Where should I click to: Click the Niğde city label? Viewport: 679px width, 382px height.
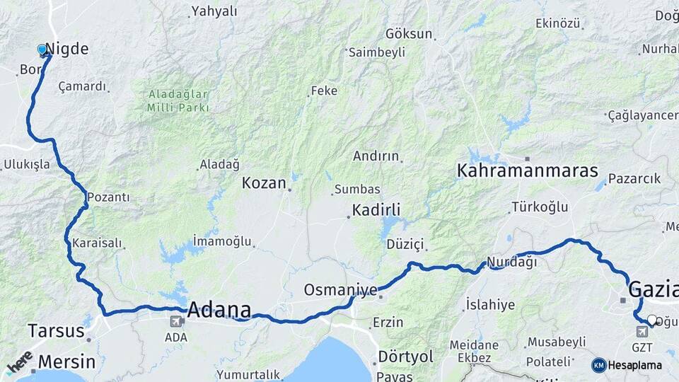69,49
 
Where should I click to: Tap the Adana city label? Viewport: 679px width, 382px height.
219,310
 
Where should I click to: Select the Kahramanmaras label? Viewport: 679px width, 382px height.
527,170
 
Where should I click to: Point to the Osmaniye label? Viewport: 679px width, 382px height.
340,290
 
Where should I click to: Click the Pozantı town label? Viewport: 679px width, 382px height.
108,197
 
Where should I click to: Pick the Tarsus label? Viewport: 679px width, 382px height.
55,330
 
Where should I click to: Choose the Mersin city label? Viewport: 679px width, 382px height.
66,361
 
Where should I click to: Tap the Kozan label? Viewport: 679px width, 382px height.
264,183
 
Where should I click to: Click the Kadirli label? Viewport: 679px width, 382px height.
376,210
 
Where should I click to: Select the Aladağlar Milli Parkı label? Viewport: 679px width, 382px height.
178,100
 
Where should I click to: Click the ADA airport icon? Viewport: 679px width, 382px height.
175,322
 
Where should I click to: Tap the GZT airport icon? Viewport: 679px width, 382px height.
642,332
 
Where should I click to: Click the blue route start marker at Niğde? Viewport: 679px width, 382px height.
42,50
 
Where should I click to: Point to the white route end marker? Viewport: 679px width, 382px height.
651,320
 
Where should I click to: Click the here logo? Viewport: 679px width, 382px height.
19,362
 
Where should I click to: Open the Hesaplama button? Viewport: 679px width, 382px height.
627,365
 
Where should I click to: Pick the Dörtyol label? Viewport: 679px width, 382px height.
405,357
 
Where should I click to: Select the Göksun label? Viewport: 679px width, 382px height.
409,33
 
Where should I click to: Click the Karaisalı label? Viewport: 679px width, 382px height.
98,243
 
